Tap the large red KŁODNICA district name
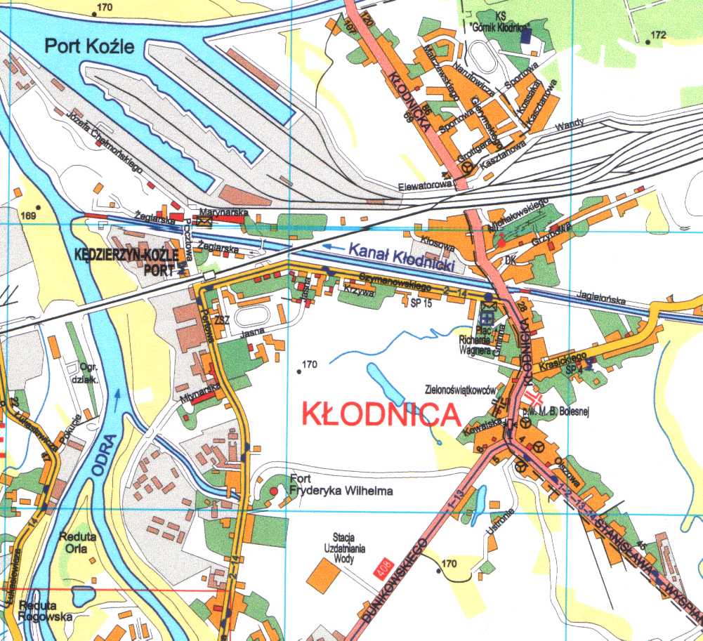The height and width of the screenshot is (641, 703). click(x=379, y=414)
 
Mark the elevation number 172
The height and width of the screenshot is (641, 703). click(x=658, y=34)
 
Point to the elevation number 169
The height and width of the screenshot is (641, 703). click(x=28, y=215)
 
